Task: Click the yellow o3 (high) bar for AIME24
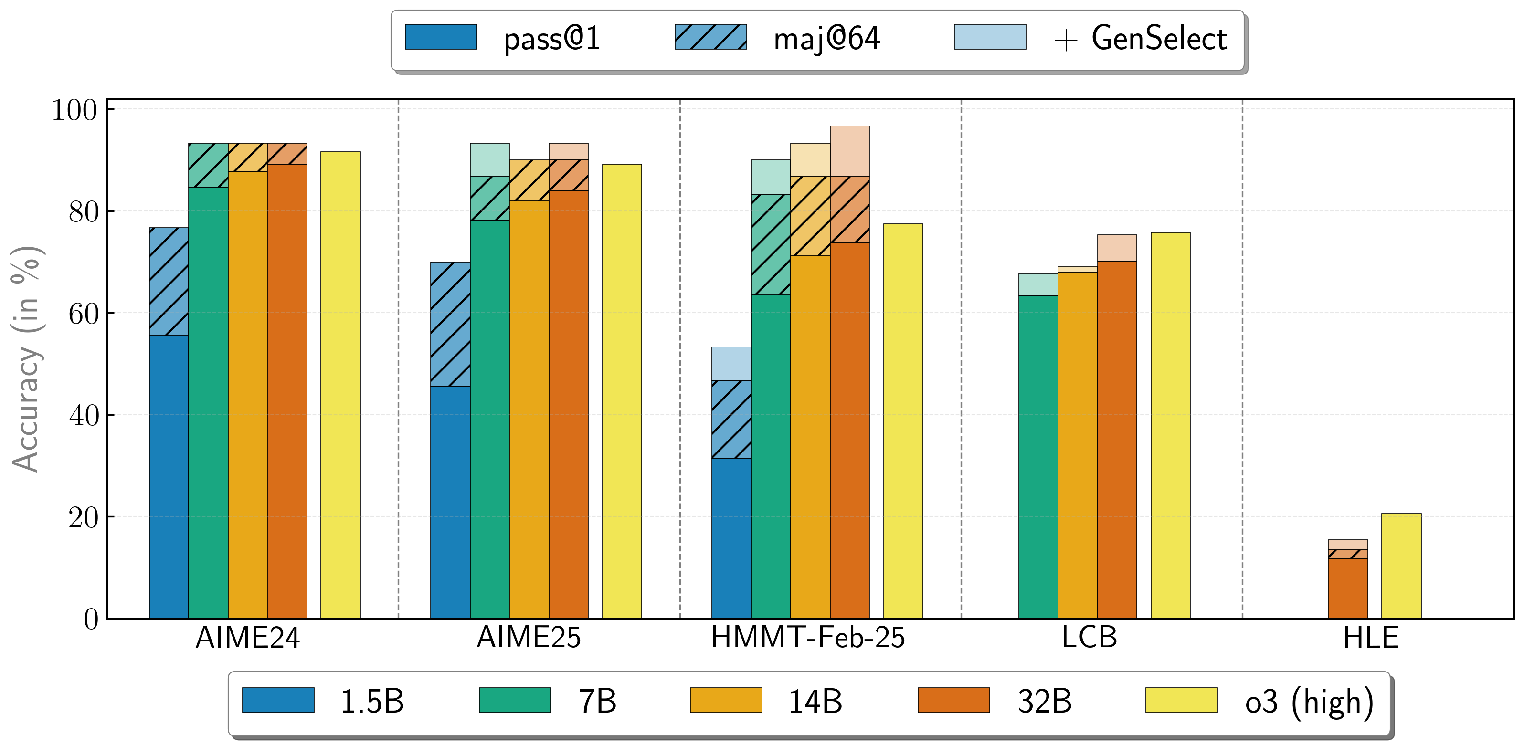click(340, 385)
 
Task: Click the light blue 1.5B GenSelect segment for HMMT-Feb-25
click(731, 363)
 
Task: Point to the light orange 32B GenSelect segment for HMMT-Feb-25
click(849, 151)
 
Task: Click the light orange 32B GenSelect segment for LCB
click(1117, 248)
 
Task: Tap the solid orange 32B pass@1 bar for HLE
click(1348, 588)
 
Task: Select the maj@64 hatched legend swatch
click(710, 37)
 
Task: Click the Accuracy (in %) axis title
click(25, 358)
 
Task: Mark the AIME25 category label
click(529, 638)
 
